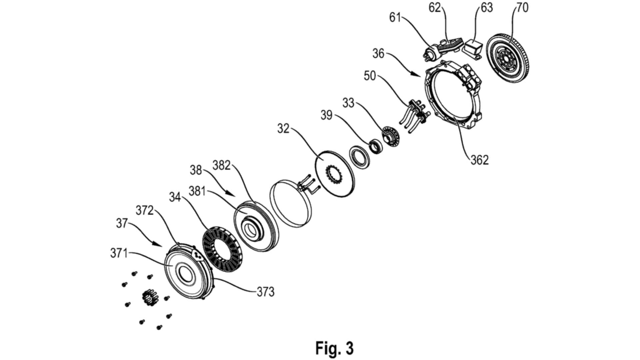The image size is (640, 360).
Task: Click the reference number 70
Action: [x=522, y=7]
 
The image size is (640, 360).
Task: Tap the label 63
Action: [x=487, y=7]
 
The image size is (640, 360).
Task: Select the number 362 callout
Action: [x=480, y=160]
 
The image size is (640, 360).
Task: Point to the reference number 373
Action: [x=265, y=292]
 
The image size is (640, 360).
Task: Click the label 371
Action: [x=119, y=253]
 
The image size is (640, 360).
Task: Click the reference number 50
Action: [x=370, y=76]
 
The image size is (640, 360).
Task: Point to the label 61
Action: [x=395, y=17]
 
